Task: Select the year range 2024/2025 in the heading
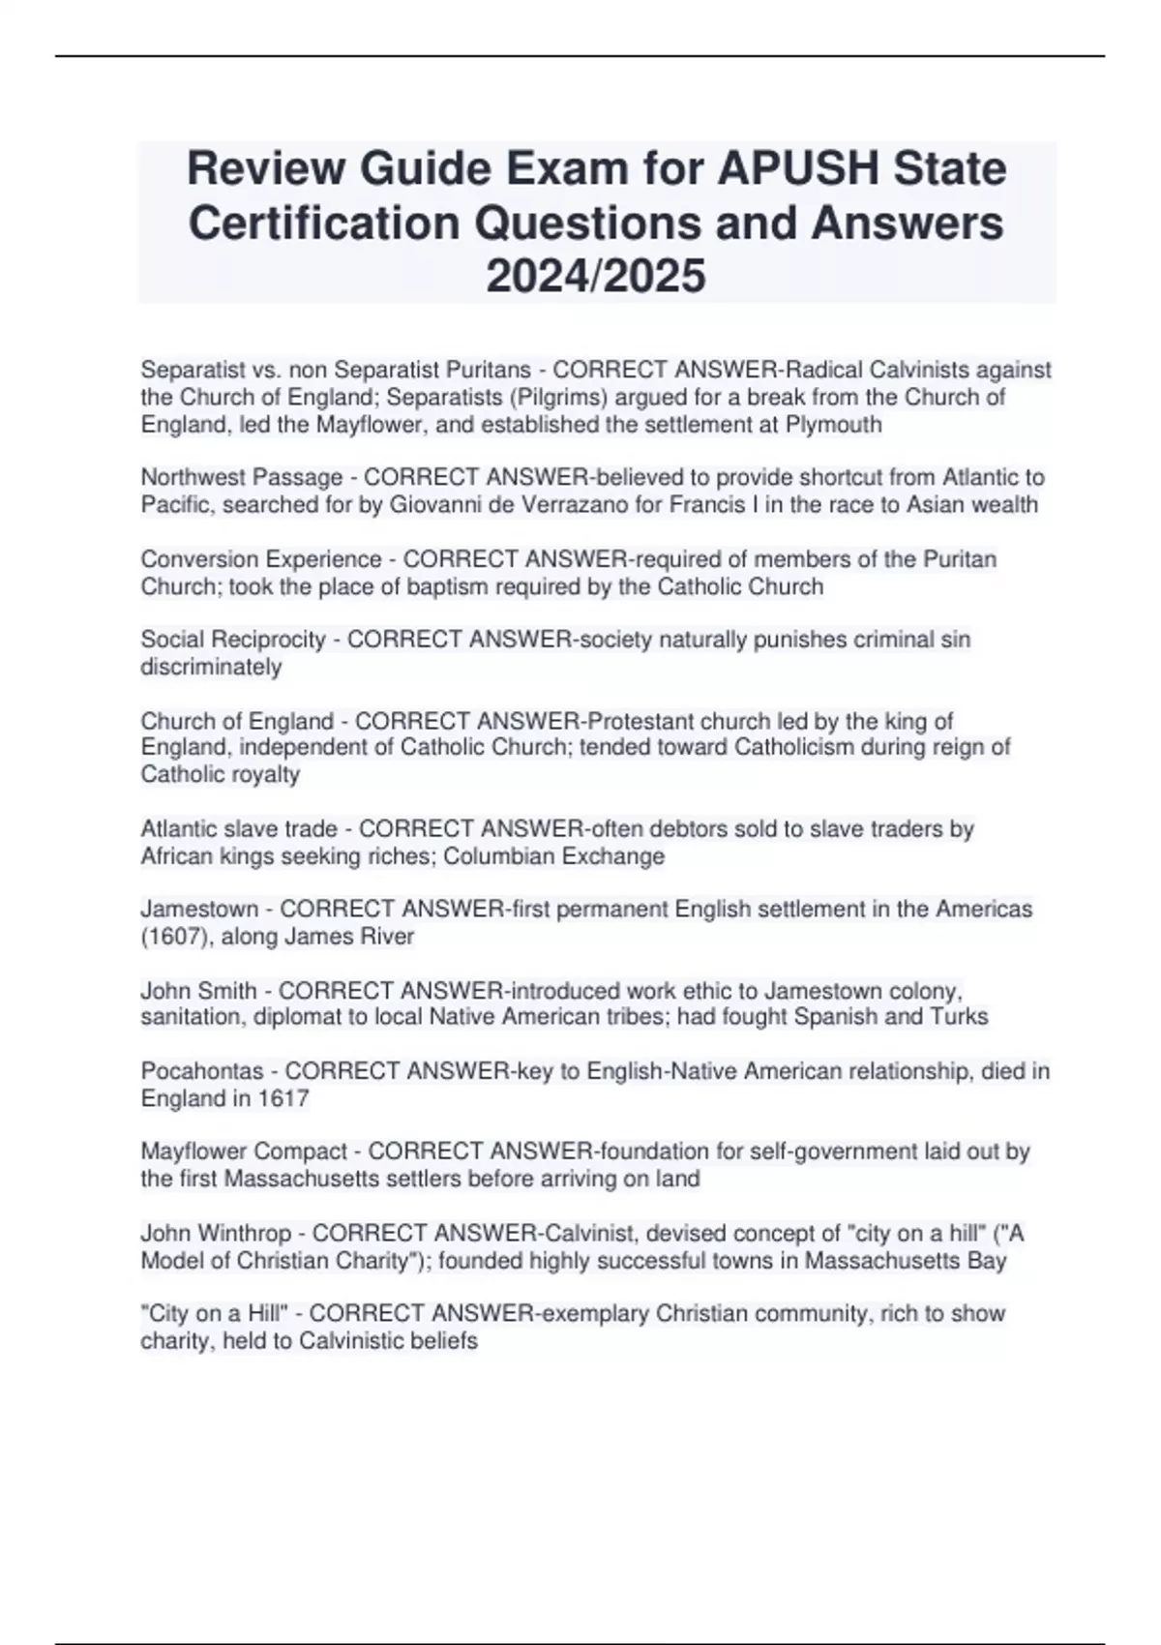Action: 596,276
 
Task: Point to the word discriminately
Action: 211,667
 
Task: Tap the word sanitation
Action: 191,1017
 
